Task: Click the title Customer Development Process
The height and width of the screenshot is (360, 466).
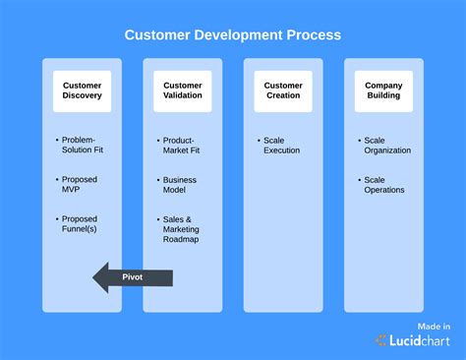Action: (x=233, y=35)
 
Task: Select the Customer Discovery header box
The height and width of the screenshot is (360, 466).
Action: (x=82, y=90)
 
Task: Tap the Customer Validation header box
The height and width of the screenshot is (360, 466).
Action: (x=183, y=90)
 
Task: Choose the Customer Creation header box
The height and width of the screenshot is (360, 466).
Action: (x=283, y=90)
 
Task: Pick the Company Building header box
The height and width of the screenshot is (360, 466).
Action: (x=383, y=90)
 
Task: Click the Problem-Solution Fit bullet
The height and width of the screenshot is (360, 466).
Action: (x=81, y=146)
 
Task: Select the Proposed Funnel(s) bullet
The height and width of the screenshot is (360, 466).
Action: (x=81, y=224)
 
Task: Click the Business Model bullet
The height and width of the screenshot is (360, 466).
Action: (x=181, y=185)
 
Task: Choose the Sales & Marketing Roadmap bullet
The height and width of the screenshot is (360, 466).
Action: (x=181, y=228)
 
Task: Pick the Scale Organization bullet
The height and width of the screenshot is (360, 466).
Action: (x=386, y=146)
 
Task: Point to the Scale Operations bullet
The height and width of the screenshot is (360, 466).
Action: (x=384, y=185)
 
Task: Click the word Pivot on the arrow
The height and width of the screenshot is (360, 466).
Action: (x=133, y=278)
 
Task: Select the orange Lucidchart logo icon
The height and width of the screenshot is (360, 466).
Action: (x=381, y=340)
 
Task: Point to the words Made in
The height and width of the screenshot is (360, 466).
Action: (x=434, y=326)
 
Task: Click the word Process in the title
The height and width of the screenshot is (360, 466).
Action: (x=314, y=35)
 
